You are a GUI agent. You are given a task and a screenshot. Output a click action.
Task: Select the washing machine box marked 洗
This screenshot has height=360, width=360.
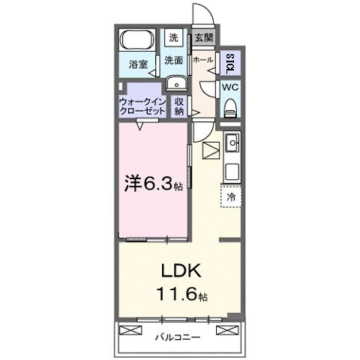tap(173, 37)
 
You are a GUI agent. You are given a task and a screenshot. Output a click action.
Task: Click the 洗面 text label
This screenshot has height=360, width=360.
tap(174, 61)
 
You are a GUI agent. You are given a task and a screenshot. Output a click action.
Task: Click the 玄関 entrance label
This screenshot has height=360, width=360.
tap(202, 37)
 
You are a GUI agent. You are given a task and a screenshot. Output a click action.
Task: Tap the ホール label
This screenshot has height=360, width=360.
tap(202, 60)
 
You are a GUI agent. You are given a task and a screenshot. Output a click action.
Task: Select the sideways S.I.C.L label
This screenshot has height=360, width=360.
tap(229, 61)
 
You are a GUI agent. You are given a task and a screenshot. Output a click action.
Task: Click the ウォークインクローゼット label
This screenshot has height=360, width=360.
tap(142, 103)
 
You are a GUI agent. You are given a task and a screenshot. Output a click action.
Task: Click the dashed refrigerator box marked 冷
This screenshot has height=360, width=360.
tap(231, 196)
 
